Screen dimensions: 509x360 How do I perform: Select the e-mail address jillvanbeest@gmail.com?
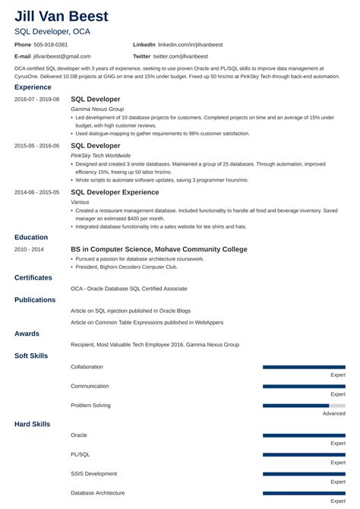pyautogui.click(x=62, y=56)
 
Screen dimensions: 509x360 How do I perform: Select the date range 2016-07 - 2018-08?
pyautogui.click(x=37, y=100)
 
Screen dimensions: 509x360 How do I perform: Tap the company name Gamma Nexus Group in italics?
pyautogui.click(x=96, y=109)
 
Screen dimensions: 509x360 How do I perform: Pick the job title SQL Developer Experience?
pyautogui.click(x=115, y=192)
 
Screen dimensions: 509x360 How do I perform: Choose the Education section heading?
pyautogui.click(x=31, y=237)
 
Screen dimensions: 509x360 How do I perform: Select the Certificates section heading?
pyautogui.click(x=35, y=277)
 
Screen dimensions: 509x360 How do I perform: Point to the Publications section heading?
pyautogui.click(x=36, y=299)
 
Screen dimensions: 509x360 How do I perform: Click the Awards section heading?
pyautogui.click(x=27, y=333)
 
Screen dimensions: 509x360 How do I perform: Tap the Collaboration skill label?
pyautogui.click(x=87, y=366)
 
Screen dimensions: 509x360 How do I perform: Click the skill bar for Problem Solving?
pyautogui.click(x=304, y=406)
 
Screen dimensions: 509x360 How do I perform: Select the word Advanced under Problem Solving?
pyautogui.click(x=333, y=413)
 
